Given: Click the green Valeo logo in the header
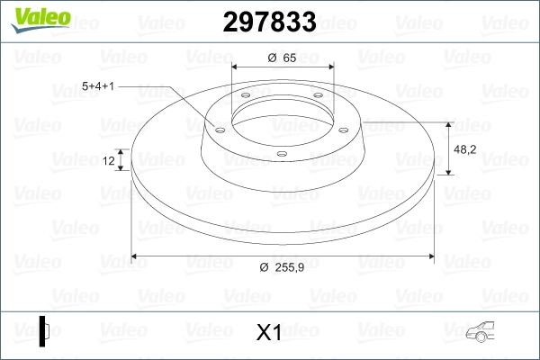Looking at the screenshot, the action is point(40,20).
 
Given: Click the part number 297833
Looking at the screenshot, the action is point(270,22).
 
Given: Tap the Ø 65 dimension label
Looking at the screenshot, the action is point(282,58).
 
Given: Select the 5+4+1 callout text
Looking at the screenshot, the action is point(98,86).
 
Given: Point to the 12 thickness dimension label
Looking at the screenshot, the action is point(109,160).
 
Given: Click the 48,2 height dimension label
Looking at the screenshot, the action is point(465,149).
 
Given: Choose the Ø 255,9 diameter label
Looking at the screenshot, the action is point(282,267).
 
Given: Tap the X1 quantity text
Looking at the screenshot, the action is point(268,332).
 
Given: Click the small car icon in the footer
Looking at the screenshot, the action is point(480,332).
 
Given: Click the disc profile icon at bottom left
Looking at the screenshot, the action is point(44,331).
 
